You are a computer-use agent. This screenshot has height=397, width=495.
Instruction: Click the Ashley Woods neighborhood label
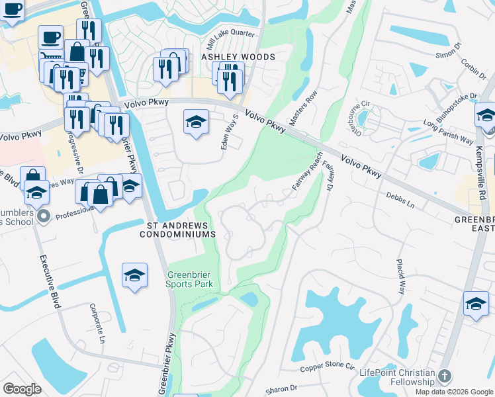[238, 58]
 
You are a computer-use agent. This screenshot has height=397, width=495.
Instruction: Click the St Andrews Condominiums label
[181, 230]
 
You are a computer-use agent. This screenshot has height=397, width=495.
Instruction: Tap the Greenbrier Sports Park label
[190, 279]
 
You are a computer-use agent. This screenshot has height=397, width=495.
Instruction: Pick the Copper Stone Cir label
[328, 367]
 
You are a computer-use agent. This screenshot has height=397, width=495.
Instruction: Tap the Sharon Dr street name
[282, 390]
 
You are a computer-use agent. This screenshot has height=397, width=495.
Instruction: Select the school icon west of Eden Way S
[195, 122]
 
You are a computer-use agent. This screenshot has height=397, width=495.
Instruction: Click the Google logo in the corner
[22, 389]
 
